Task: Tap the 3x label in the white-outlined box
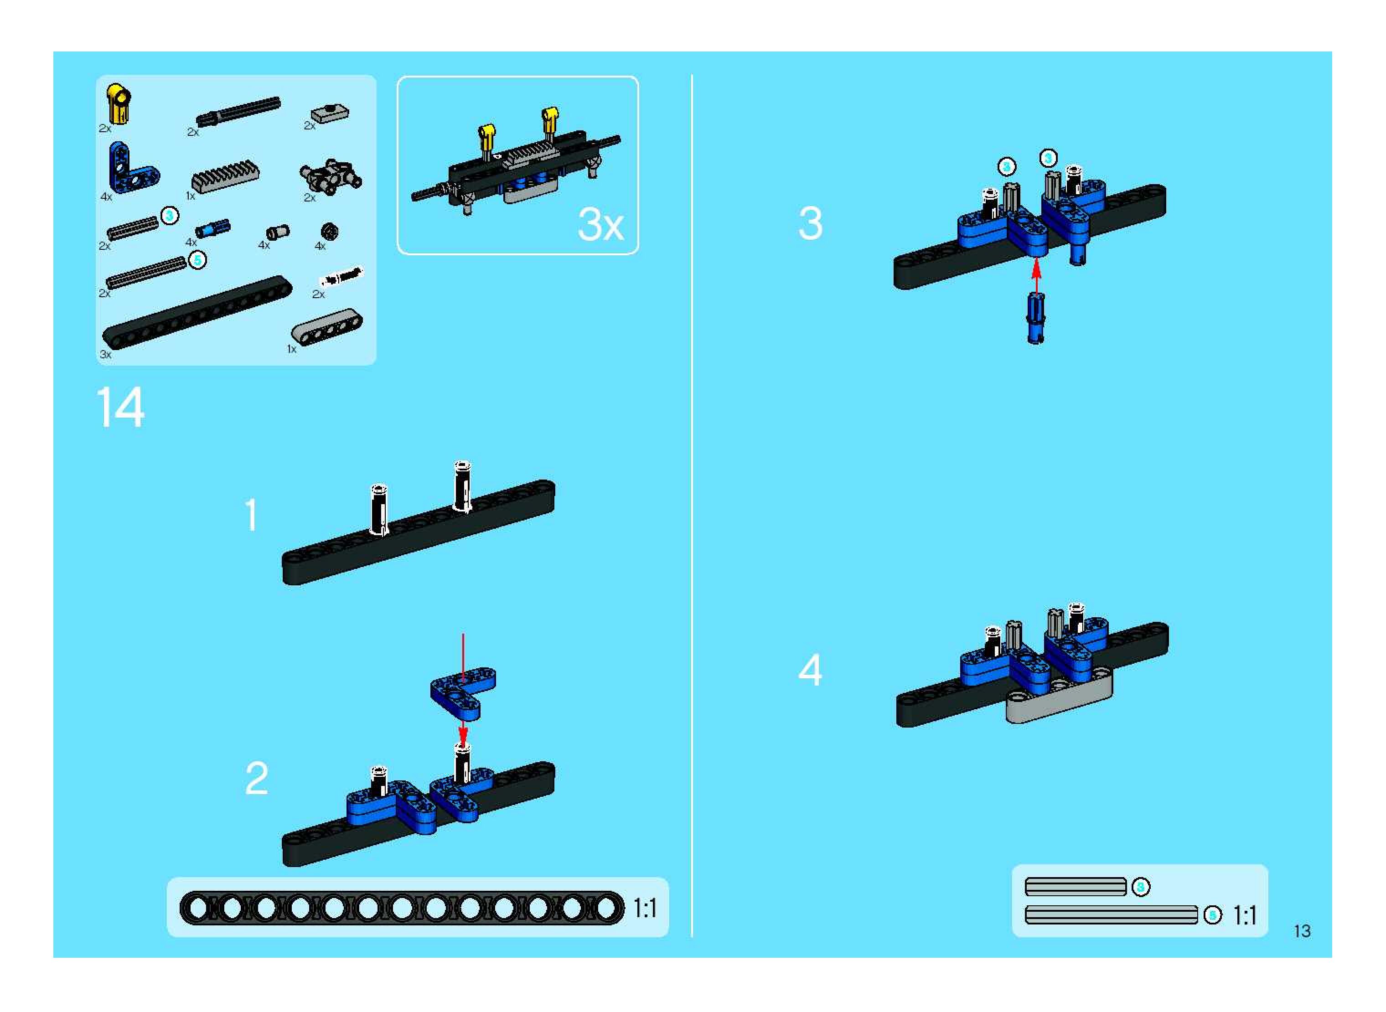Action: (x=600, y=224)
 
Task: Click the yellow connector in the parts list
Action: (x=118, y=103)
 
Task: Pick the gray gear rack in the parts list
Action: (x=225, y=176)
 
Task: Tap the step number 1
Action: (x=251, y=515)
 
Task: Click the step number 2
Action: (x=257, y=779)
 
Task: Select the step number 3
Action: (x=810, y=223)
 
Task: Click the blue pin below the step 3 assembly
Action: (x=1035, y=318)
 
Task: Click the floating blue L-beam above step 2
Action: (x=463, y=693)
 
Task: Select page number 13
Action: (x=1302, y=932)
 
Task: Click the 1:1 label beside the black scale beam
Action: (x=645, y=908)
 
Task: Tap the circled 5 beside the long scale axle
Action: (x=1212, y=915)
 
